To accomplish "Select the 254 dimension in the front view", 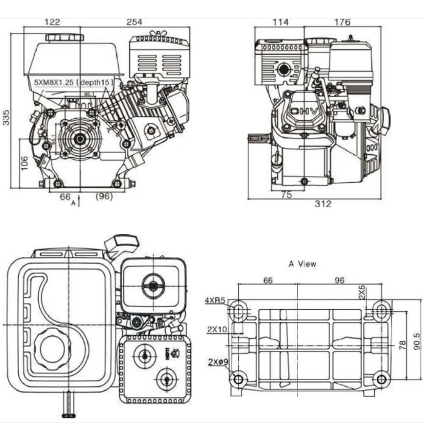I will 135,22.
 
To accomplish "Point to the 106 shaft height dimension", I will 24,162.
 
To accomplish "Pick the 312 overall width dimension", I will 323,204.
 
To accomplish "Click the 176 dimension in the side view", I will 342,22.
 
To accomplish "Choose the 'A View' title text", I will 302,264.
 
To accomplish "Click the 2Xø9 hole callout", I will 218,362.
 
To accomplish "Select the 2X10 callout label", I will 216,329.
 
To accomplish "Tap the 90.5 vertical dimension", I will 417,340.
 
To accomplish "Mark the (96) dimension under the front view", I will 104,197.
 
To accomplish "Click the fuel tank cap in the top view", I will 50,349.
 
